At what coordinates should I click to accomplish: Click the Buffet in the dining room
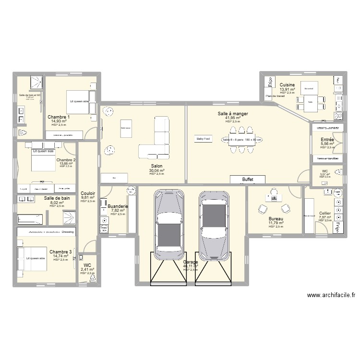pos(248,179)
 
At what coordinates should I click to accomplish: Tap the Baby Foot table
pos(203,139)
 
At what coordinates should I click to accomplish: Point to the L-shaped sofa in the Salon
pos(157,139)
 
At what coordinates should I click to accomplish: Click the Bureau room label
pos(276,218)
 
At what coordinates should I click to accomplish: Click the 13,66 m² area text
pos(66,164)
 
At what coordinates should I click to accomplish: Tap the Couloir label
pos(88,193)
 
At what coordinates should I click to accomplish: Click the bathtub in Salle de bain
pos(30,219)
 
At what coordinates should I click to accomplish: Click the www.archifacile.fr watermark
pos(331,296)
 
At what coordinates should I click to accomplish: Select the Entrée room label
pos(327,140)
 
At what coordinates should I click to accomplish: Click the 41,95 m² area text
pos(232,118)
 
